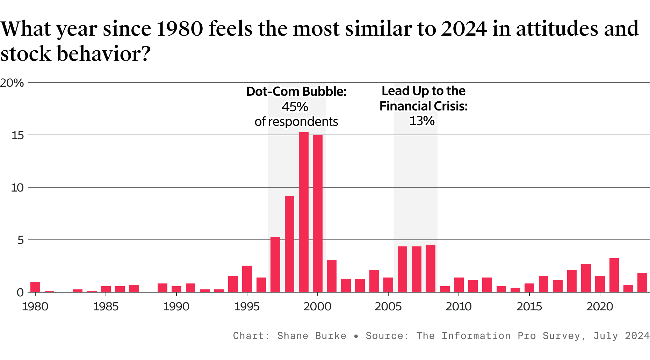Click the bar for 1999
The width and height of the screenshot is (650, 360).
tap(304, 212)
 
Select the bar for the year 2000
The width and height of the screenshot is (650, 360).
tap(318, 214)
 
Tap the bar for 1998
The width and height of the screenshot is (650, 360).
tap(289, 244)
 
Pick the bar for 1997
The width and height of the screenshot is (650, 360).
tap(275, 265)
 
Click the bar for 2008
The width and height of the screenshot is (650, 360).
tap(431, 268)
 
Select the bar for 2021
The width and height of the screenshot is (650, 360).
tap(614, 275)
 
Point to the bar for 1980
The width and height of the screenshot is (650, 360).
tap(35, 287)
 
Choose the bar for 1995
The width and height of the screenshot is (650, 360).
tap(247, 279)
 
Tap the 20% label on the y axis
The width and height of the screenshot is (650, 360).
tap(12, 83)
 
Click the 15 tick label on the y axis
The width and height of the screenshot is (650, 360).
tap(17, 135)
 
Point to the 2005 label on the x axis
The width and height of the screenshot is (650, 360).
tap(388, 307)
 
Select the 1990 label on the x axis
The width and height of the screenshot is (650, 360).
tap(176, 307)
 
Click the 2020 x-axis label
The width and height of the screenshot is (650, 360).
tap(600, 307)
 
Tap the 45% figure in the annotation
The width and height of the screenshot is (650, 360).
tap(295, 107)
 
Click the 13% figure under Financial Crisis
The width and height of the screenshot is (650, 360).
tap(422, 121)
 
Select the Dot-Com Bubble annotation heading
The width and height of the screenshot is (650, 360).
tap(296, 92)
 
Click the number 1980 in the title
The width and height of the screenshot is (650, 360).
tap(180, 29)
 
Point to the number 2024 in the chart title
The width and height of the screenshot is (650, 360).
tap(464, 29)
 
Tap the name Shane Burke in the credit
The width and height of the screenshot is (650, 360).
tap(311, 336)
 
